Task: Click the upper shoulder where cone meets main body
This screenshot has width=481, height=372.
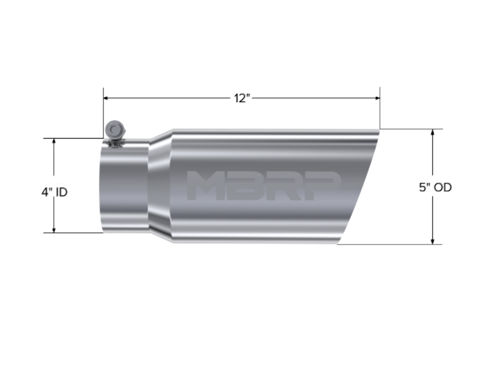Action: click(172, 130)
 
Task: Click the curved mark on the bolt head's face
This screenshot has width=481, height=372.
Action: click(114, 129)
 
